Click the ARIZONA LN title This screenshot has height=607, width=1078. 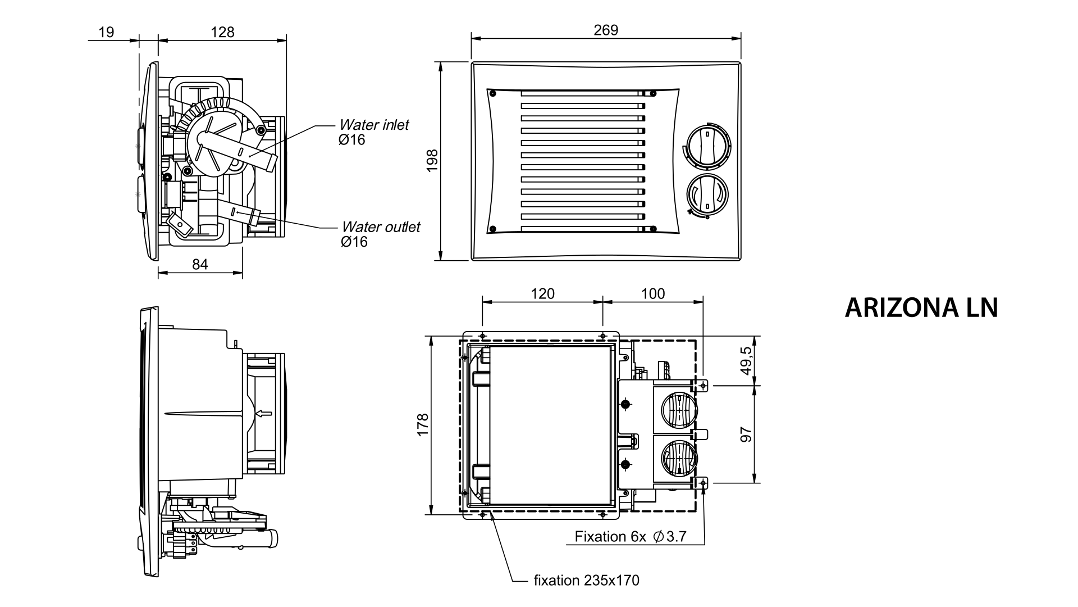[x=921, y=307]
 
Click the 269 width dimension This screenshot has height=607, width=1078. [x=606, y=30]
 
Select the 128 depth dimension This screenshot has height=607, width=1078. [x=223, y=32]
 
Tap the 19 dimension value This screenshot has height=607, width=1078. [x=106, y=32]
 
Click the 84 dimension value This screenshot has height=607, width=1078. [x=200, y=264]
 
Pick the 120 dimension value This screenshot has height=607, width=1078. [x=542, y=293]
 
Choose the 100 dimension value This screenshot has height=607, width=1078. [x=652, y=293]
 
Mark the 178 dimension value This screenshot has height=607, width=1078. [x=423, y=425]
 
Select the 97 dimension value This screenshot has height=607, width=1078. [x=746, y=434]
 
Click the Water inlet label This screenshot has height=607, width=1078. [x=374, y=125]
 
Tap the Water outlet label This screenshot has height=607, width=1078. [x=381, y=227]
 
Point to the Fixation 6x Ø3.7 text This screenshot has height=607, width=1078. [x=630, y=536]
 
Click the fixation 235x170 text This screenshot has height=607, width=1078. [x=586, y=580]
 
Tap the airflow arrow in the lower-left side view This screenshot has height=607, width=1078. [x=263, y=414]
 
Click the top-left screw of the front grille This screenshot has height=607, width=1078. [x=492, y=93]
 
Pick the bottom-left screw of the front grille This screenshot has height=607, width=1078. [x=492, y=229]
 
